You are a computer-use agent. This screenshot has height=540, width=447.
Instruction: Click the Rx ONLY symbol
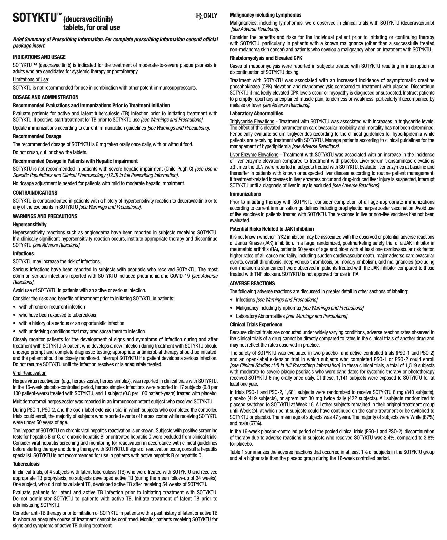coord(206,16)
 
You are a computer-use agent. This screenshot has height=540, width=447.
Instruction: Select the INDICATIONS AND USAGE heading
coord(39,57)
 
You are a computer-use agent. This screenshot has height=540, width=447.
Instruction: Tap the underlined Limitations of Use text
coord(31,80)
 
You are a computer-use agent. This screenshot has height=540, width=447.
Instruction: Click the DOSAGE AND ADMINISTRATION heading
coord(45,97)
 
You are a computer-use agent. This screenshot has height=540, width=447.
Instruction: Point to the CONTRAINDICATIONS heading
coord(35,193)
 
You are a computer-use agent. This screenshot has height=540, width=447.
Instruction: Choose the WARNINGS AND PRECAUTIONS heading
coord(45,216)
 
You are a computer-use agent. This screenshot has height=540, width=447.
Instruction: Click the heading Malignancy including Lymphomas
coord(266,15)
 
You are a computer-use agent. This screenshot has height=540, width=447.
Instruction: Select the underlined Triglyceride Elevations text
coord(252,122)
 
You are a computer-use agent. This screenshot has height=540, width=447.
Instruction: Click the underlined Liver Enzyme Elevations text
coord(254,155)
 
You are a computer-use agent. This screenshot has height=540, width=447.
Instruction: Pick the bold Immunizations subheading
coord(245,194)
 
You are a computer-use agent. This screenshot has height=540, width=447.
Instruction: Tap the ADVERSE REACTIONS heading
coord(252,283)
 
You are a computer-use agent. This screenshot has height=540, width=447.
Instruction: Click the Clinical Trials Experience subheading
coord(256,325)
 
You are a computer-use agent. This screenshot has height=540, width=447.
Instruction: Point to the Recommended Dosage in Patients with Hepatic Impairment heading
coord(75,161)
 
